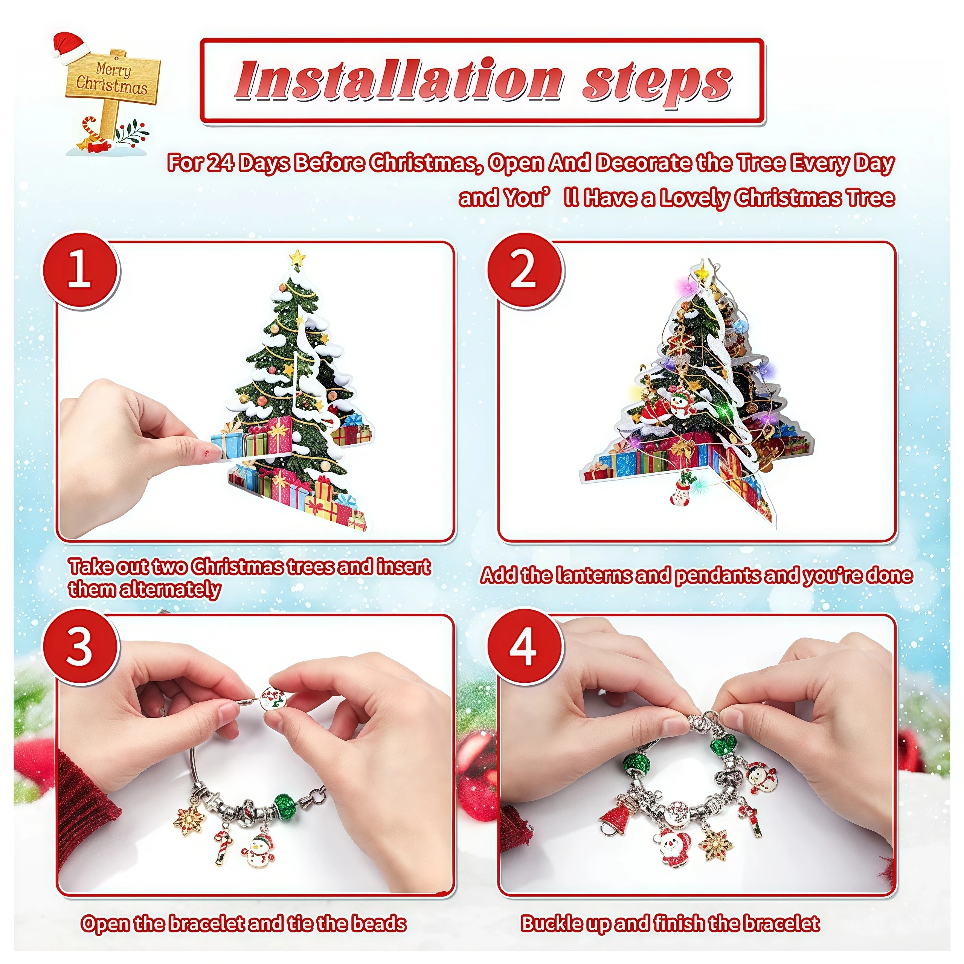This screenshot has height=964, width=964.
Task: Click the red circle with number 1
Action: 80,271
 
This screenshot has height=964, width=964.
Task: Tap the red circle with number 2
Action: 525,271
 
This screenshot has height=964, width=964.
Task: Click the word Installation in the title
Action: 399,81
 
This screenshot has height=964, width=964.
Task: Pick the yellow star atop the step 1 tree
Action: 297,258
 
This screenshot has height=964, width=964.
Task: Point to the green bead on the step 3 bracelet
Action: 286,807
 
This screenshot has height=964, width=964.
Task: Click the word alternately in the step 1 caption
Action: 145,589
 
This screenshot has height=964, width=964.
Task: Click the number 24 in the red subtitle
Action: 220,163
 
